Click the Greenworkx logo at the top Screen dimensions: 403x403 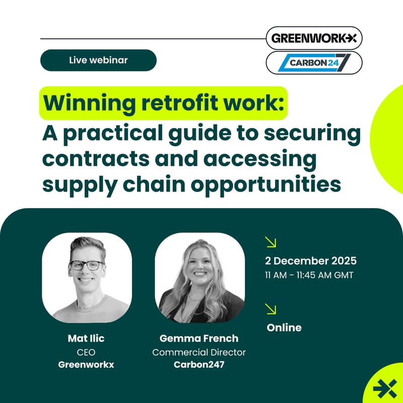tap(314, 38)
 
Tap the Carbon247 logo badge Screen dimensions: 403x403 tap(314, 62)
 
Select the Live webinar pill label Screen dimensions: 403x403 tap(98, 60)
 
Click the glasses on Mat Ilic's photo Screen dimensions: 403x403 tap(87, 265)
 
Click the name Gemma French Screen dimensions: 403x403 tap(199, 339)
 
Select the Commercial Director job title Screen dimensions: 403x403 tap(199, 352)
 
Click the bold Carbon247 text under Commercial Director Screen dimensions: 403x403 tap(199, 365)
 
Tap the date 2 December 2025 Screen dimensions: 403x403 tap(311, 261)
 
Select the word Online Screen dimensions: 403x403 tap(284, 327)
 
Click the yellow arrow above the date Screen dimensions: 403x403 tap(271, 242)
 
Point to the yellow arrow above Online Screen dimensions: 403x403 tap(271, 309)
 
